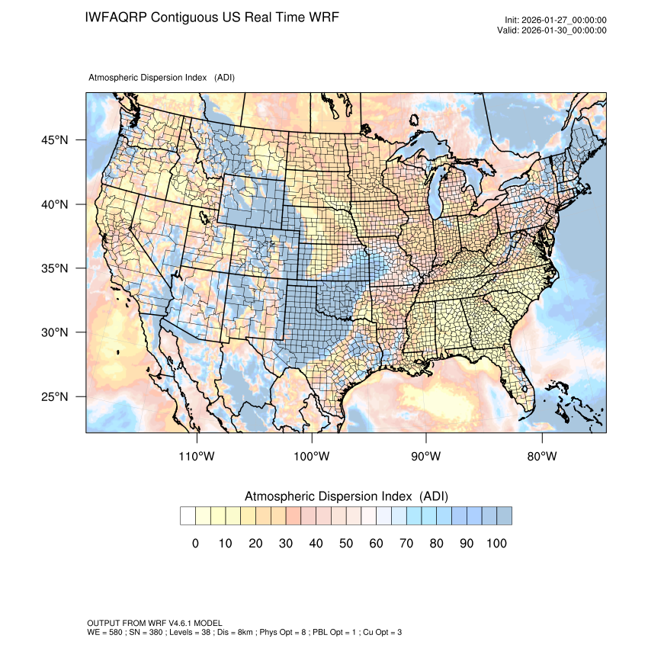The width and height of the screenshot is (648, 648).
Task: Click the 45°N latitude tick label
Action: point(54,140)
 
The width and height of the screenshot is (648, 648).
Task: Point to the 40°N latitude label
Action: point(54,204)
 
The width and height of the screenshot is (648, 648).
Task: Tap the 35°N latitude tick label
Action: point(54,268)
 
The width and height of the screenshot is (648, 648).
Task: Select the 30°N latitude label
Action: point(54,332)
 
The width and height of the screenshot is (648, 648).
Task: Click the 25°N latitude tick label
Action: point(54,396)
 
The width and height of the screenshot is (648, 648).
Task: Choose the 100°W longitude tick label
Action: point(312,457)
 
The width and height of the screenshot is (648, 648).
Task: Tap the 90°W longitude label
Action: point(426,457)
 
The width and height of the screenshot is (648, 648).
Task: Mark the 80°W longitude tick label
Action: point(541,457)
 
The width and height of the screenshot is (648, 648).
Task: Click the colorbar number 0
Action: point(195,543)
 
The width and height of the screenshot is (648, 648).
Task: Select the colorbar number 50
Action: point(346,543)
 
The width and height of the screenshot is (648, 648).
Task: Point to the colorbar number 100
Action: point(496,543)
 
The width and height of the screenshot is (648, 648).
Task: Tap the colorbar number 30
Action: point(286,543)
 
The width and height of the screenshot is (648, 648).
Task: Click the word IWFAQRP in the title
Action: point(117,17)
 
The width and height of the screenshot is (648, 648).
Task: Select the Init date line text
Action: point(556,21)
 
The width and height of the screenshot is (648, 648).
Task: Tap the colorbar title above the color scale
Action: point(346,496)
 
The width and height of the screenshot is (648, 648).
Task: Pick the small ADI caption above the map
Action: point(162,78)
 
